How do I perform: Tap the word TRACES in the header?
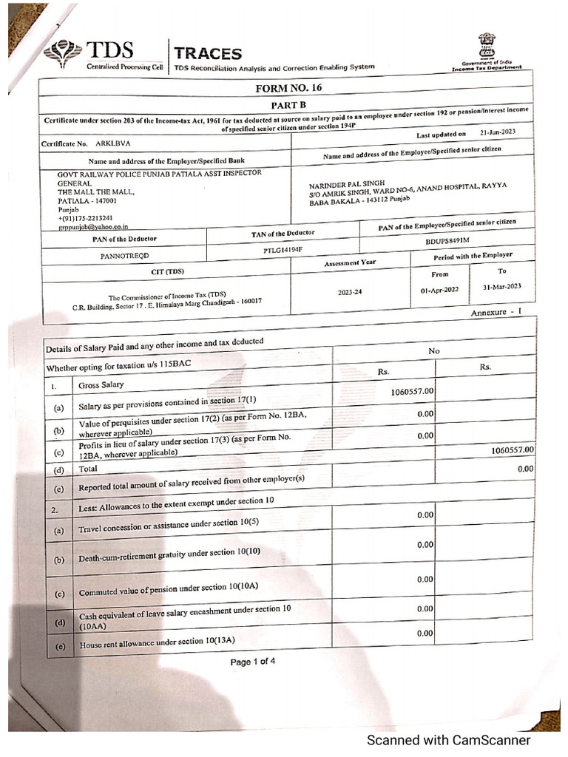coord(208,53)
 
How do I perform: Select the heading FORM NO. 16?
coord(294,88)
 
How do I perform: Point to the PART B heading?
coord(294,106)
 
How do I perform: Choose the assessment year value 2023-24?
coord(351,292)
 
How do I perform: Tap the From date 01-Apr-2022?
coord(441,290)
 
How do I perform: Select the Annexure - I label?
coord(496,313)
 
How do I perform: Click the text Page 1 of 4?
coord(253,662)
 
